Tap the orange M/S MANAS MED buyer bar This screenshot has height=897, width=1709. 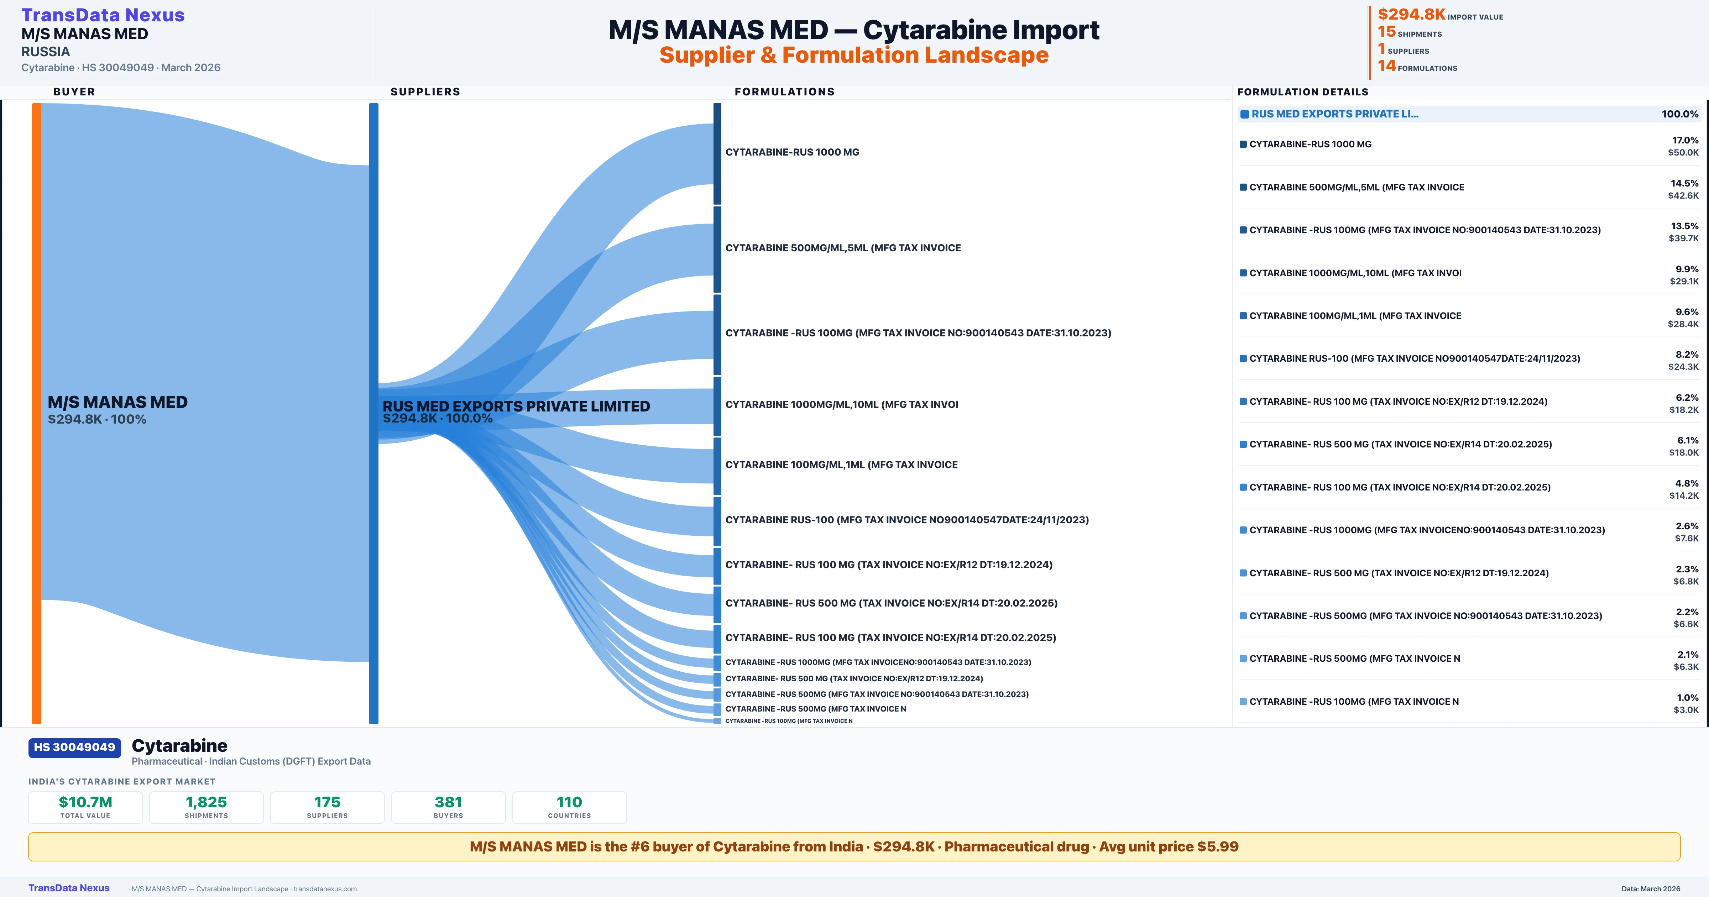pos(36,411)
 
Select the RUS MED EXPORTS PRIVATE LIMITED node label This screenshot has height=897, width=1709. pos(516,406)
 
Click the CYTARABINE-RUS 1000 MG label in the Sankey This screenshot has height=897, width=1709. pos(792,152)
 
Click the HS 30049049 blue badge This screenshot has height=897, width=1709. pos(74,747)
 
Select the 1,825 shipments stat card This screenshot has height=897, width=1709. pos(207,807)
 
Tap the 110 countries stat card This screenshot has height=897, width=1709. pos(569,807)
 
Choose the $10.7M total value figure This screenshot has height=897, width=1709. pos(85,802)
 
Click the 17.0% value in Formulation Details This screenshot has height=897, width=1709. pos(1685,140)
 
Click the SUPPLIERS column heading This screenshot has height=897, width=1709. pos(425,91)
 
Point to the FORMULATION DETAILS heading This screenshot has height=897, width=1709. pos(1302,91)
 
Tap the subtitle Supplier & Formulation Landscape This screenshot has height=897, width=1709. pos(854,55)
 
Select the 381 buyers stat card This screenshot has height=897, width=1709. pos(449,807)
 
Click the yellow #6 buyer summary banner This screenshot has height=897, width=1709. pos(854,846)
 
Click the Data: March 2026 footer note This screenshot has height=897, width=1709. pos(1651,888)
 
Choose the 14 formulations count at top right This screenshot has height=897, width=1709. pos(1386,66)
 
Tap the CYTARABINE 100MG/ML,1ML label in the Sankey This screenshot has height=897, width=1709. pos(841,465)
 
